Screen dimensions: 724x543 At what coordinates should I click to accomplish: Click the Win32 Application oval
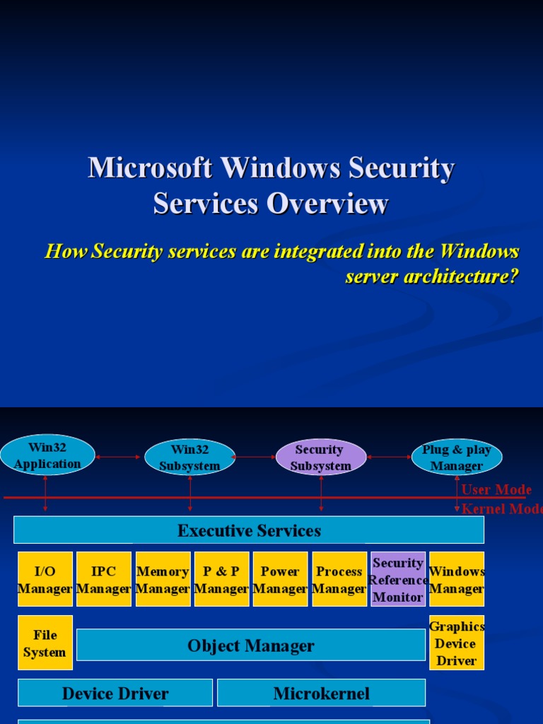47,455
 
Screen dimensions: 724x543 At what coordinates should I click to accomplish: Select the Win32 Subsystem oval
189,457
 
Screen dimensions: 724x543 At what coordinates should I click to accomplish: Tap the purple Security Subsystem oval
320,457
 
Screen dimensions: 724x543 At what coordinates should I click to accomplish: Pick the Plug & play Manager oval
456,457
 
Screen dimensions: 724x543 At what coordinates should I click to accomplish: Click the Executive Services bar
249,530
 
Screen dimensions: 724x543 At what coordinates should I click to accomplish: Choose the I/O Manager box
45,579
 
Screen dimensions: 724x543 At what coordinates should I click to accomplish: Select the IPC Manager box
103,579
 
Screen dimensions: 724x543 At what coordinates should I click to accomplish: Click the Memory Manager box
163,579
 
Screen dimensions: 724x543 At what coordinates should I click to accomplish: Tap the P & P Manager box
221,579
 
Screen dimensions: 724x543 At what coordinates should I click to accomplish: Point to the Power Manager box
280,579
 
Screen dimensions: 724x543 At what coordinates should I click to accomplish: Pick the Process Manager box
339,579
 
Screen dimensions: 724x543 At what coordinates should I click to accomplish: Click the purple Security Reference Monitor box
398,579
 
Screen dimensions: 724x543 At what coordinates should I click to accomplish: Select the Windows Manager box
457,579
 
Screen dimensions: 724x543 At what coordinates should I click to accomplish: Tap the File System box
45,643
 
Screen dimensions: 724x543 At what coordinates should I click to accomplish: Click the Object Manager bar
251,645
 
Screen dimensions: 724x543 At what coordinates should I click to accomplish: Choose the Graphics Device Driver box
457,643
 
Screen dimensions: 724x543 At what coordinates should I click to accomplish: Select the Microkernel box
321,693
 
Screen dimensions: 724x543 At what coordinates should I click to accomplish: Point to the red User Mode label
496,490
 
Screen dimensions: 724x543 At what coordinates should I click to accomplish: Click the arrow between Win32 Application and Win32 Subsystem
119,457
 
